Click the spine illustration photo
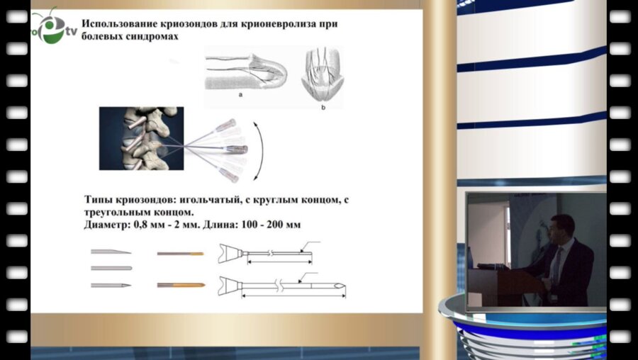pos(140,137)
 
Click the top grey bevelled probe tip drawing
pos(111,252)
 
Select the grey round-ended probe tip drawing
pos(111,268)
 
